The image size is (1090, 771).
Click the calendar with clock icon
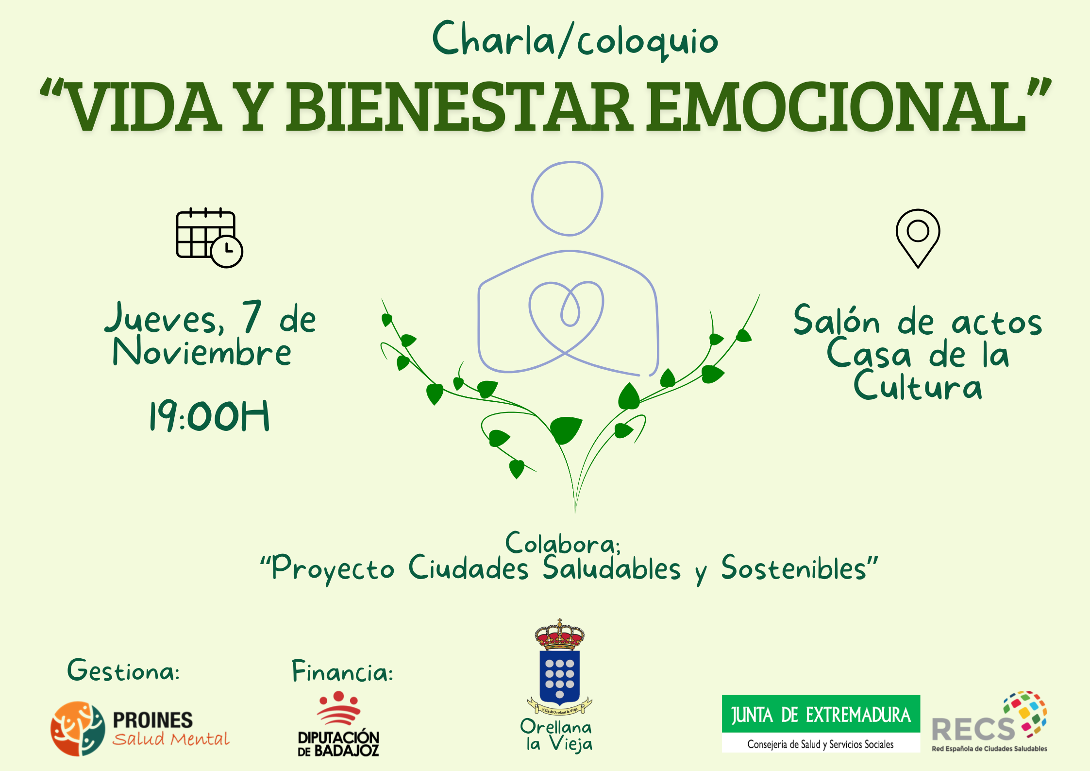point(209,238)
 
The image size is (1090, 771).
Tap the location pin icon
point(918,238)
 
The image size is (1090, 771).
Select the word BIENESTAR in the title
point(459,107)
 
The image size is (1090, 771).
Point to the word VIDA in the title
point(143,107)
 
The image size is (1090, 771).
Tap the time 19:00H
point(209,416)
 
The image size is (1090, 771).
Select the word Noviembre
point(202,352)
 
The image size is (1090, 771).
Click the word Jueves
point(165,318)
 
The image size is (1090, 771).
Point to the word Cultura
point(918,386)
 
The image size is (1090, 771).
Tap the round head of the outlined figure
point(567,199)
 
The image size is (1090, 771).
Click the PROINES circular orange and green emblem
point(78,728)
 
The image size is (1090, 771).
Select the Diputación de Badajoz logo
point(338,724)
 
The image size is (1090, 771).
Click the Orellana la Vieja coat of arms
point(560,668)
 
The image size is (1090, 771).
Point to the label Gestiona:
point(123,671)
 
